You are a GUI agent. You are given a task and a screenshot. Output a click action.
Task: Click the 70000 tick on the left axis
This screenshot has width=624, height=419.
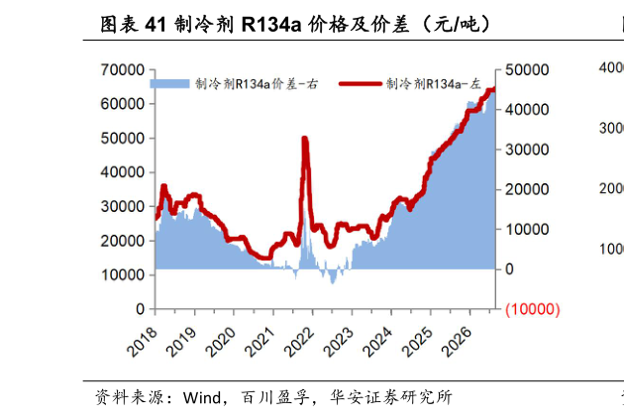click(122, 69)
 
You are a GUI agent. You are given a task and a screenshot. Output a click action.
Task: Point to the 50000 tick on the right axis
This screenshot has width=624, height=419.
click(527, 69)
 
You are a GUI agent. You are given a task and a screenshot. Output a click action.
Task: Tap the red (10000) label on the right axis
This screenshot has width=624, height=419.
click(533, 309)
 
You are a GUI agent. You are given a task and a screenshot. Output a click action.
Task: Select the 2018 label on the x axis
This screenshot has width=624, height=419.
click(143, 341)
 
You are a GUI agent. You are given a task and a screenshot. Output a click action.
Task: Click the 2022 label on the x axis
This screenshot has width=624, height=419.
click(300, 341)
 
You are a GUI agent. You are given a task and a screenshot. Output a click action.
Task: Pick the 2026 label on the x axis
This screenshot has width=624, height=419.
click(458, 341)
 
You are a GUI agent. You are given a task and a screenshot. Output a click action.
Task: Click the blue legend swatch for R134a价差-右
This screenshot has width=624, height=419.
click(169, 83)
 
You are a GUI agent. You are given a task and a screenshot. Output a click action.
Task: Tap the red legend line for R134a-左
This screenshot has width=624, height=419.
click(361, 83)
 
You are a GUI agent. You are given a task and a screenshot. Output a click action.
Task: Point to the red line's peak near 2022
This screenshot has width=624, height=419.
click(305, 139)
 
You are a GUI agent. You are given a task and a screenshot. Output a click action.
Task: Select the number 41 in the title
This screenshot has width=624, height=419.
click(156, 25)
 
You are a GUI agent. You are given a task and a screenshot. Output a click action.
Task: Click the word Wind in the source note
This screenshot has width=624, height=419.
click(202, 397)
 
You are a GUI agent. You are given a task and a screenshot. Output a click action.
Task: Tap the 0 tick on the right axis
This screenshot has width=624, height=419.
click(509, 269)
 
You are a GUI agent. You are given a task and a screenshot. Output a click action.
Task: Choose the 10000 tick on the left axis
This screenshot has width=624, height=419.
click(122, 275)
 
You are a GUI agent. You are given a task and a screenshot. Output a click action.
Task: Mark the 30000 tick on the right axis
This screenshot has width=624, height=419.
click(527, 150)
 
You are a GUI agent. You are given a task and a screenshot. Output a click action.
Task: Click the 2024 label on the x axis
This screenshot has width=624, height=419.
click(378, 341)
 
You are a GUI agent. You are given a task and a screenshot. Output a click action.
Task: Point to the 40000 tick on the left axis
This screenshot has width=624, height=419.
click(122, 172)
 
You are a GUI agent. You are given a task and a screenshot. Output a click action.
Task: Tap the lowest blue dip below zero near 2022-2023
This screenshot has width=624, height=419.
click(333, 282)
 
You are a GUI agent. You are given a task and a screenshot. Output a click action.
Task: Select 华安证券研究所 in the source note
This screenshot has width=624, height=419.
click(391, 397)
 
